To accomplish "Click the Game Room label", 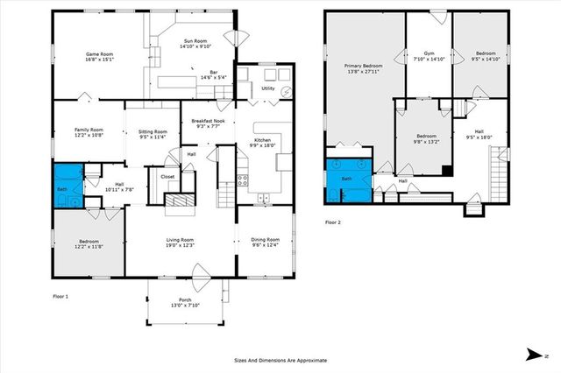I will coord(99,57).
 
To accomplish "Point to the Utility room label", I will coord(268,88).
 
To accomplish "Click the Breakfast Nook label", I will coord(208,123).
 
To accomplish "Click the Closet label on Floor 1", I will coord(167,176).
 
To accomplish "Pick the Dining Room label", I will coord(265,243).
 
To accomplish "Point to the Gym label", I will coord(429,55).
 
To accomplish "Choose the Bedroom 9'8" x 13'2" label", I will coord(426,139).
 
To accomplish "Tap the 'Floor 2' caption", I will coord(333,223).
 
